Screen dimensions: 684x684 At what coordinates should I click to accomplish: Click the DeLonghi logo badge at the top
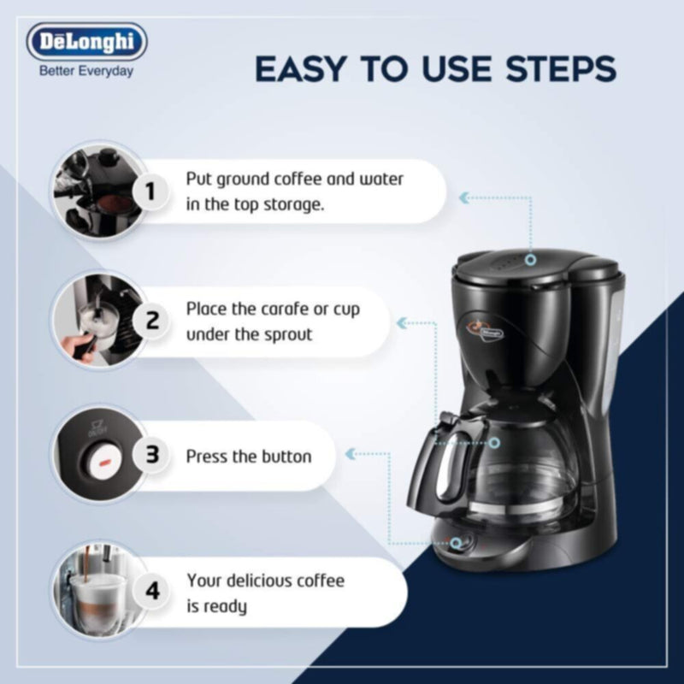(x=86, y=42)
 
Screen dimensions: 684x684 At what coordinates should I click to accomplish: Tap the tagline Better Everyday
(x=86, y=71)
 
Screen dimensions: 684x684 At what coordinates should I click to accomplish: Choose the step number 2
(x=152, y=321)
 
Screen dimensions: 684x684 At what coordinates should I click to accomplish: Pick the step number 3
(x=152, y=455)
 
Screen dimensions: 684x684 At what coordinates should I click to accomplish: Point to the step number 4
(x=152, y=591)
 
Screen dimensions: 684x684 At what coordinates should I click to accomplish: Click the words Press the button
(x=248, y=456)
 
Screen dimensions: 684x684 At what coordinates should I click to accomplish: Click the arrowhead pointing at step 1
(x=464, y=198)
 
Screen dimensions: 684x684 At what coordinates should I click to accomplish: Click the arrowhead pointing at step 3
(x=351, y=452)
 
